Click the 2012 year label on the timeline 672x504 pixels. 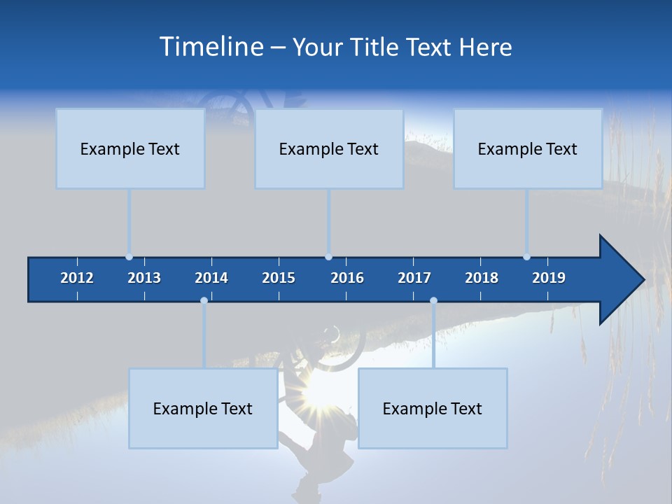[x=77, y=278]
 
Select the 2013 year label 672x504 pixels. [x=144, y=278]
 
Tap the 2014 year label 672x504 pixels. [x=211, y=278]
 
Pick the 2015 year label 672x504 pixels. [x=279, y=278]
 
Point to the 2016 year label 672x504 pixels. [x=347, y=278]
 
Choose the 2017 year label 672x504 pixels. [x=414, y=278]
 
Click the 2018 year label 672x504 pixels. [x=482, y=278]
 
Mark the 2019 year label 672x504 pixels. [x=549, y=278]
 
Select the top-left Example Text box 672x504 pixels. [x=130, y=148]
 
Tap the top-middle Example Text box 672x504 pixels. [x=329, y=148]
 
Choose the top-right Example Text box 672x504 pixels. [x=528, y=148]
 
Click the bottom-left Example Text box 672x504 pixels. [x=203, y=408]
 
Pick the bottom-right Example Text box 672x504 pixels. [x=433, y=408]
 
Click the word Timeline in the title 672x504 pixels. [x=211, y=46]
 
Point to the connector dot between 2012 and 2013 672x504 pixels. [x=129, y=257]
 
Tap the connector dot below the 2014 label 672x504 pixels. [x=204, y=300]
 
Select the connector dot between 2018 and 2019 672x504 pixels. [x=526, y=257]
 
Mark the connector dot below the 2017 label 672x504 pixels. [x=433, y=300]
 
